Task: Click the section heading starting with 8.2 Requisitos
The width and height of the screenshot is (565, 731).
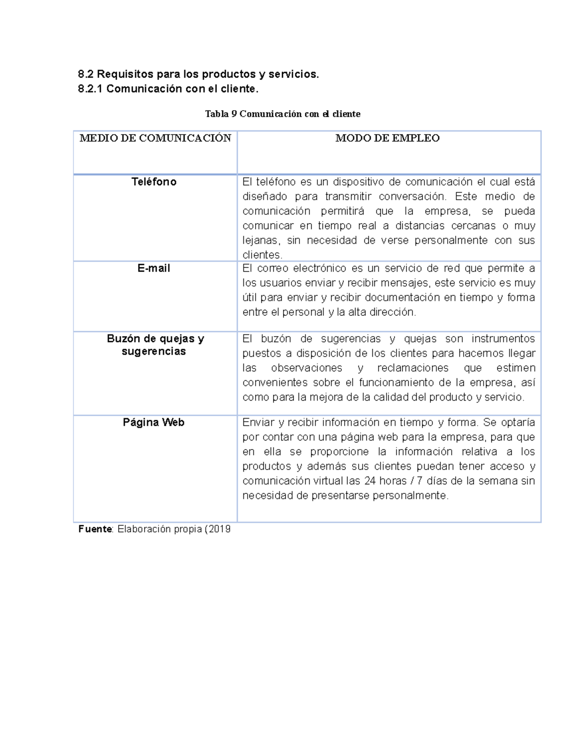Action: click(x=198, y=74)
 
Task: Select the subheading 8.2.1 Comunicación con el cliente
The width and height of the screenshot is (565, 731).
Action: click(x=168, y=89)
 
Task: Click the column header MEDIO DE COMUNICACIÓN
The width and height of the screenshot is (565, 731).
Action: click(x=155, y=138)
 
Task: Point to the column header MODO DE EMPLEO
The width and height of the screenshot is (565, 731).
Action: click(x=387, y=138)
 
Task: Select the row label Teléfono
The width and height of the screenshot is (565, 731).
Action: click(x=154, y=182)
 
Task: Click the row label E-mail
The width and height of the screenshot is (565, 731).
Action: click(x=154, y=269)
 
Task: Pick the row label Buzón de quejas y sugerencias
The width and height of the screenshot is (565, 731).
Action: click(x=155, y=345)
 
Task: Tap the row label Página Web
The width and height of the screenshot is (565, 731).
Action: click(x=153, y=423)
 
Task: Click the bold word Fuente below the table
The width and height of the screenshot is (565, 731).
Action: click(x=95, y=529)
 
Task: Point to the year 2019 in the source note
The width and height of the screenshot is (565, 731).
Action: click(x=219, y=529)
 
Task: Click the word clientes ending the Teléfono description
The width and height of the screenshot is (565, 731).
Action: click(x=262, y=255)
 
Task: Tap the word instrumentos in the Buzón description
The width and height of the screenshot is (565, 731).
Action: click(x=503, y=339)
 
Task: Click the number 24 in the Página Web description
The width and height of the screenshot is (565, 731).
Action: click(x=370, y=481)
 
